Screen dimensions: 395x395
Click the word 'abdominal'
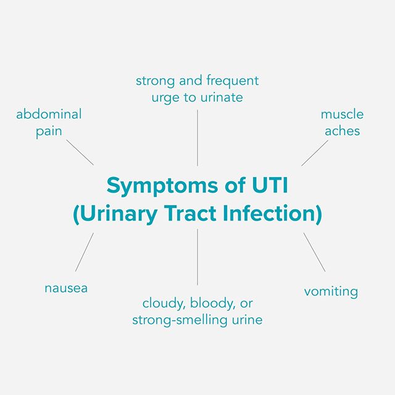pos(49,114)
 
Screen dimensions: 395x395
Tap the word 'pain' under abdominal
pos(49,132)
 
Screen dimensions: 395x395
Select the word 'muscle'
pos(342,114)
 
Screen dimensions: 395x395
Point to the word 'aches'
pos(342,131)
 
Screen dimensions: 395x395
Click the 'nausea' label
pos(66,288)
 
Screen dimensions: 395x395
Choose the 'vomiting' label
pos(331,291)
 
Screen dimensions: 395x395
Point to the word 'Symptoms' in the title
pos(157,185)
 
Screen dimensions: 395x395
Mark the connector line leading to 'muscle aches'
pos(315,152)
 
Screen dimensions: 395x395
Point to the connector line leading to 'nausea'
pos(85,252)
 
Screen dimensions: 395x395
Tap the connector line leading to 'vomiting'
pos(314,252)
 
